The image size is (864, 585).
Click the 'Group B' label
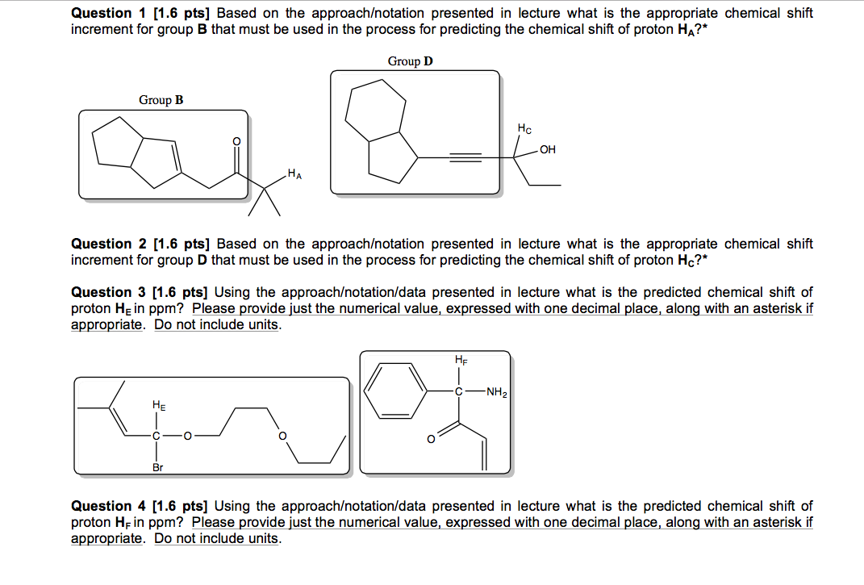click(161, 100)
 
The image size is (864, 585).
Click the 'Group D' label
click(410, 61)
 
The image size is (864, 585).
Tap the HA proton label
click(295, 174)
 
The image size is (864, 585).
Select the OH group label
click(548, 149)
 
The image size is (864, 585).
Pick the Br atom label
click(157, 467)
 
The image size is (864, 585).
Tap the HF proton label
click(461, 360)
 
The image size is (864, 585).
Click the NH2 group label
click(497, 394)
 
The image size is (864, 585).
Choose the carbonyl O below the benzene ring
click(432, 440)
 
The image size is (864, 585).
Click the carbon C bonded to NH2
click(459, 394)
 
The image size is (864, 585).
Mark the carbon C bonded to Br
click(157, 436)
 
